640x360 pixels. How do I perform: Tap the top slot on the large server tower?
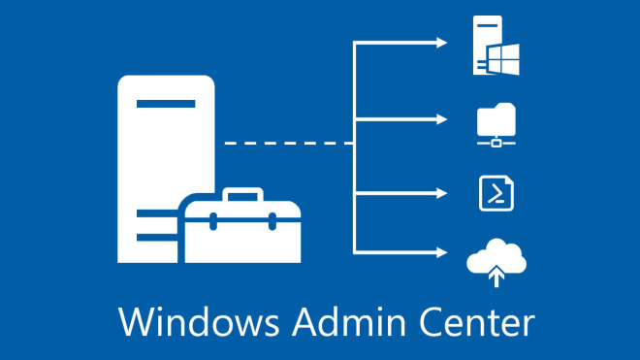tap(166, 103)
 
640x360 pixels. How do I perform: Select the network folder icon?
tap(496, 123)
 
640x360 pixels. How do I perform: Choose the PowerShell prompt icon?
tap(496, 193)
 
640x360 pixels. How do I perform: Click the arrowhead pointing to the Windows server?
tap(442, 43)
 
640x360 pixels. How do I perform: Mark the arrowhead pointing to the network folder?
tap(442, 119)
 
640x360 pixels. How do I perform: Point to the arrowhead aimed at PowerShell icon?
tap(442, 192)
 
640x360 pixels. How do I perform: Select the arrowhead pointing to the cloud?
tap(442, 253)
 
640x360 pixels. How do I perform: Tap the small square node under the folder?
tap(496, 144)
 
